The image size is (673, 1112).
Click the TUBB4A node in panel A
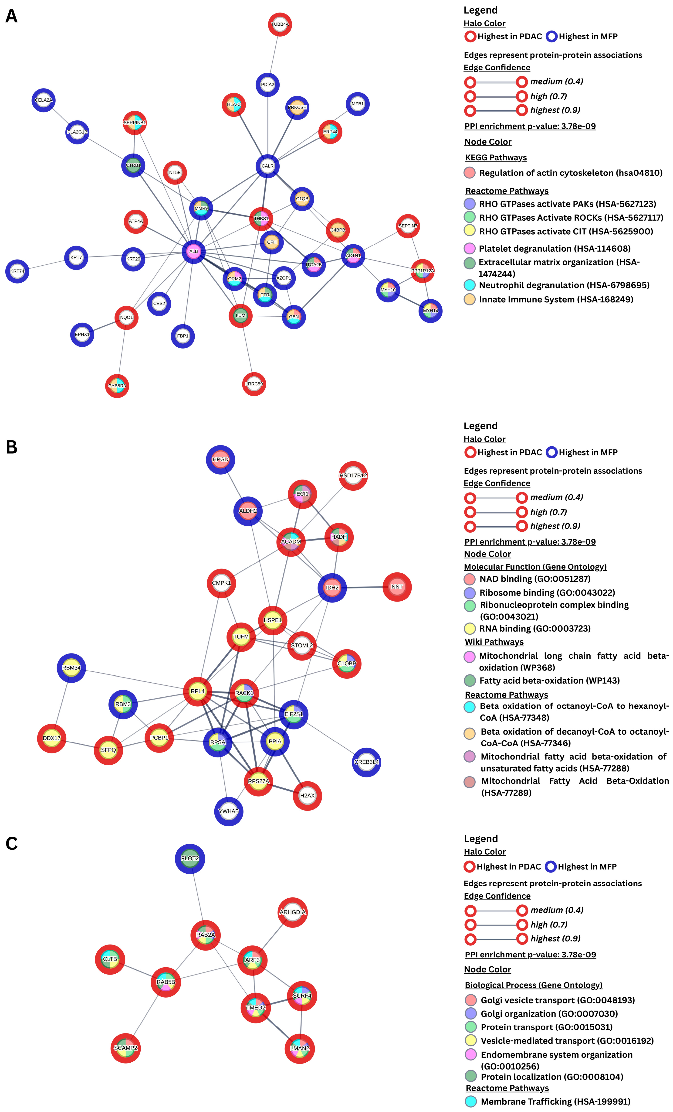280,24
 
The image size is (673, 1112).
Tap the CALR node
267,166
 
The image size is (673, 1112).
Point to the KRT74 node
17,271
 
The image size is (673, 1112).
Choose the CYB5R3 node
117,386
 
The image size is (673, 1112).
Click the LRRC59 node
254,384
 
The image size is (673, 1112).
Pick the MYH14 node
430,311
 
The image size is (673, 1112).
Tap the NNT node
397,587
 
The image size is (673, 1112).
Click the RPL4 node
198,691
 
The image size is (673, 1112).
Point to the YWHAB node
229,811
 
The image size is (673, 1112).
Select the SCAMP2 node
125,1048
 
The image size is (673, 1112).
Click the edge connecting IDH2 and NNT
365,587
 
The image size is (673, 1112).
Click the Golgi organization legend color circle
470,1014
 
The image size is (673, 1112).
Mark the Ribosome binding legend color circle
470,592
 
